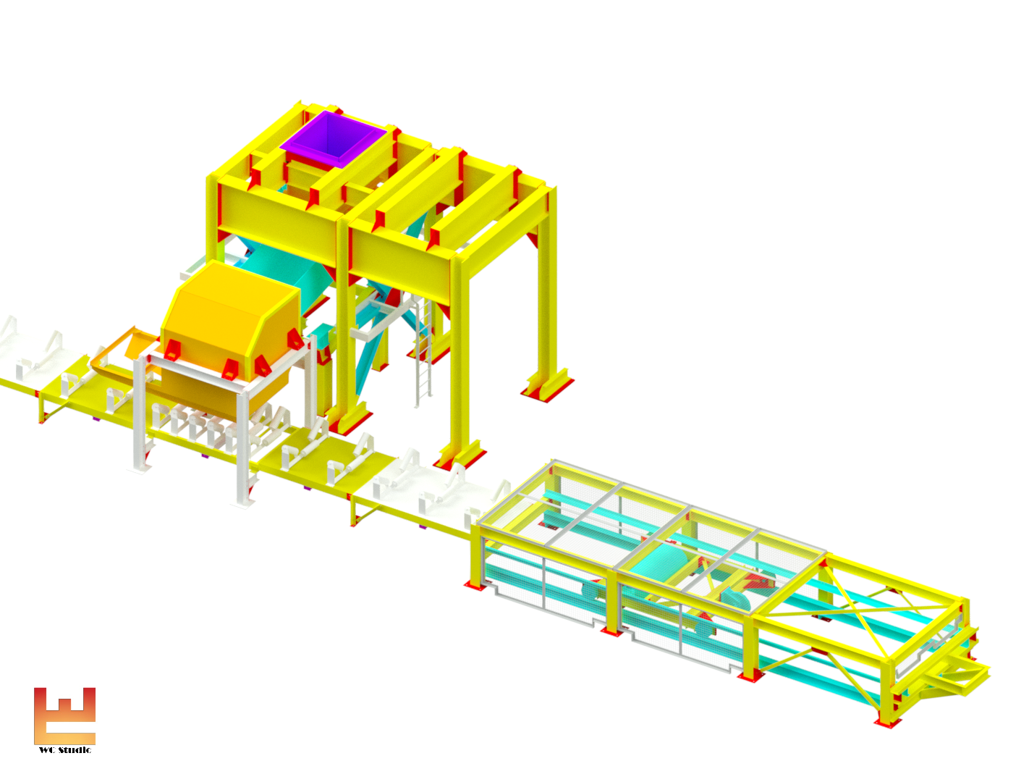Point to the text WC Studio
pyautogui.click(x=65, y=750)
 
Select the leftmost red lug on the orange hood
pyautogui.click(x=172, y=350)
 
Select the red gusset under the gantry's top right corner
pyautogui.click(x=534, y=238)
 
